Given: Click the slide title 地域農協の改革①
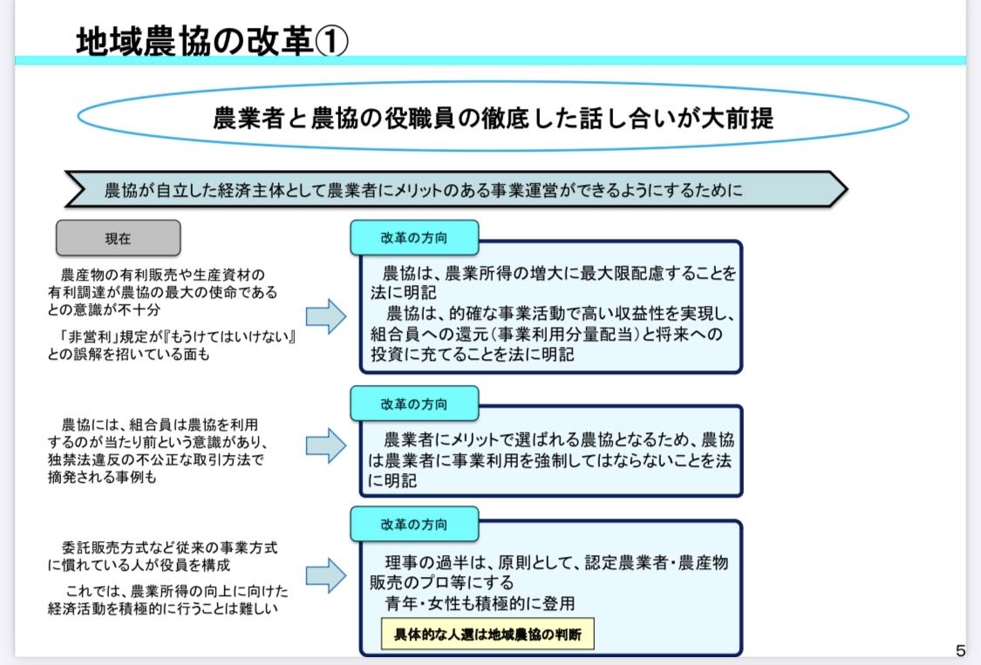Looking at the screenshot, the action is [x=212, y=41].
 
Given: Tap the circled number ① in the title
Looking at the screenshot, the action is [x=330, y=41].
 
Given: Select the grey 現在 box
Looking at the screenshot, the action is [x=119, y=238].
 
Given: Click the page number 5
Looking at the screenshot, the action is [x=960, y=650].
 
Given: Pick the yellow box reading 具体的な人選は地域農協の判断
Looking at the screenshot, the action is [x=487, y=634].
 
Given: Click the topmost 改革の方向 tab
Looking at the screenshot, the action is [x=414, y=238].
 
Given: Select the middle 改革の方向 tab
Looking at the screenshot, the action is [x=414, y=404].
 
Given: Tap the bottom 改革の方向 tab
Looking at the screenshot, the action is [x=414, y=524].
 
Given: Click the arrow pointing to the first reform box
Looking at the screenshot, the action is [x=326, y=316].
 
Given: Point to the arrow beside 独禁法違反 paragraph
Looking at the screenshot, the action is [x=326, y=445].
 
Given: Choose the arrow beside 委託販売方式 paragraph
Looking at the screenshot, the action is [x=326, y=575].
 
